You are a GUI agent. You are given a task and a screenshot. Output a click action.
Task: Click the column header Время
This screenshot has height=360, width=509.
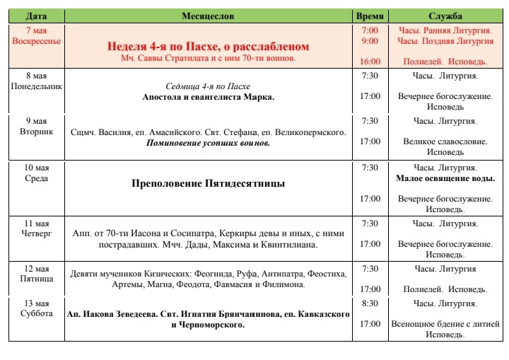tap(369, 16)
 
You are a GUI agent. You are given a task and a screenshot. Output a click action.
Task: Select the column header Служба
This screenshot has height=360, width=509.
tap(445, 16)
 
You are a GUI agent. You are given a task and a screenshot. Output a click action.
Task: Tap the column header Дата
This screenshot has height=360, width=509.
tap(37, 16)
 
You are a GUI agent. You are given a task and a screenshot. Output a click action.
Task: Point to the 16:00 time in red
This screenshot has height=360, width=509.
tap(369, 62)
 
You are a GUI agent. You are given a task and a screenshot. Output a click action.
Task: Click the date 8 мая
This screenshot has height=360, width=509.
tap(37, 76)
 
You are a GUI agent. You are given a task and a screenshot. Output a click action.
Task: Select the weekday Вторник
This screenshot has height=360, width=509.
tap(37, 131)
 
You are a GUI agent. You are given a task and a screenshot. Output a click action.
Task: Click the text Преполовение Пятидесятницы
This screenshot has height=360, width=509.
tap(208, 183)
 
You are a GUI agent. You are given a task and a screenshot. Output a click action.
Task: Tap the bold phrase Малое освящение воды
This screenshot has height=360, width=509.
tap(445, 178)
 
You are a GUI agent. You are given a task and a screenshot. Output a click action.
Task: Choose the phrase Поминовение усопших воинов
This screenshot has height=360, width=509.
tap(208, 142)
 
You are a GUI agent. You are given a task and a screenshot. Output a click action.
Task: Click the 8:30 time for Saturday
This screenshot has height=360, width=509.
tap(369, 303)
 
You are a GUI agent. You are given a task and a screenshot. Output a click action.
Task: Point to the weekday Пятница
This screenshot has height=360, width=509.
tap(37, 279)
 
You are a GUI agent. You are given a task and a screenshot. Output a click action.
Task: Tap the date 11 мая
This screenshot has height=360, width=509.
tap(37, 223)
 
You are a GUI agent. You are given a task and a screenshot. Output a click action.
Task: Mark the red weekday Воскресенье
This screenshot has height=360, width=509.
tap(37, 41)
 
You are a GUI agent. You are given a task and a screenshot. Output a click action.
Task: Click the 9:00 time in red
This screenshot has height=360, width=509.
tap(369, 41)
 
